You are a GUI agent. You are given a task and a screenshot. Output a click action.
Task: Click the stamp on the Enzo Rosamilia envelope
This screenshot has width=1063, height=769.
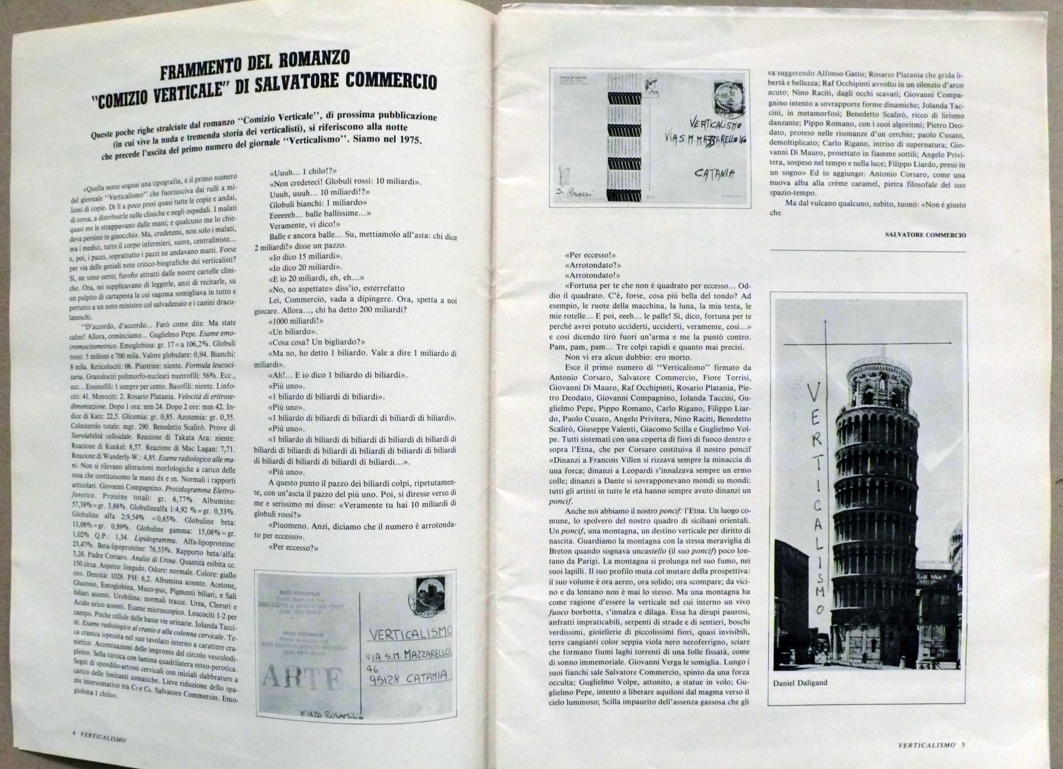[x=430, y=595]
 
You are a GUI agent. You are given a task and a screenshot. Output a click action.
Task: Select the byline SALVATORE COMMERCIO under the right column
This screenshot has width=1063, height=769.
[x=925, y=235]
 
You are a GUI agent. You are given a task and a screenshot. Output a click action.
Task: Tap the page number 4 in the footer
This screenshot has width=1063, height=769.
[x=75, y=734]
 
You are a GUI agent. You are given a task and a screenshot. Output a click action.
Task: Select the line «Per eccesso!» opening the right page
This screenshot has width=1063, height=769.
[x=590, y=256]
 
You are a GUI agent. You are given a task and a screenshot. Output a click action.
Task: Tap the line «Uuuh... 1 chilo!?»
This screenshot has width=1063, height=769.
[x=303, y=171]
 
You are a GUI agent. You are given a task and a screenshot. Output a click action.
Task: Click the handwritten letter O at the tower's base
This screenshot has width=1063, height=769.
[x=820, y=610]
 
